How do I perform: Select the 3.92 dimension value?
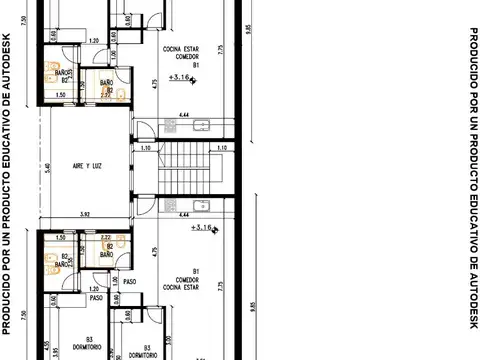point(85,214)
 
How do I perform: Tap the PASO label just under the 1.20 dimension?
point(97,297)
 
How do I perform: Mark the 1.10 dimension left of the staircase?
point(144,148)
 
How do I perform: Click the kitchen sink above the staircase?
point(201,125)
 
